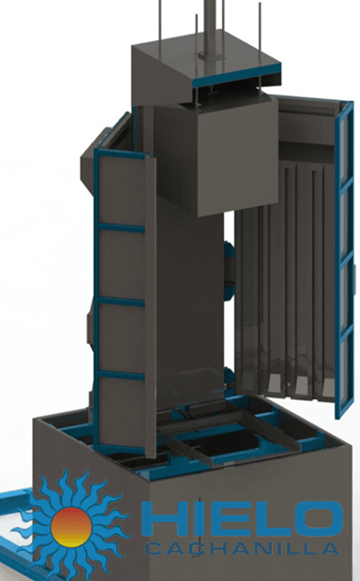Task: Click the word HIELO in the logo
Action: click(x=242, y=519)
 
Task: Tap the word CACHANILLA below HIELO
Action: click(x=242, y=548)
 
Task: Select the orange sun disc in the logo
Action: click(x=71, y=528)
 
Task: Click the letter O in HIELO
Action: click(x=320, y=519)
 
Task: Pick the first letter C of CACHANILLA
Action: click(x=153, y=548)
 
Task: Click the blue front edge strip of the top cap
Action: click(x=236, y=75)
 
